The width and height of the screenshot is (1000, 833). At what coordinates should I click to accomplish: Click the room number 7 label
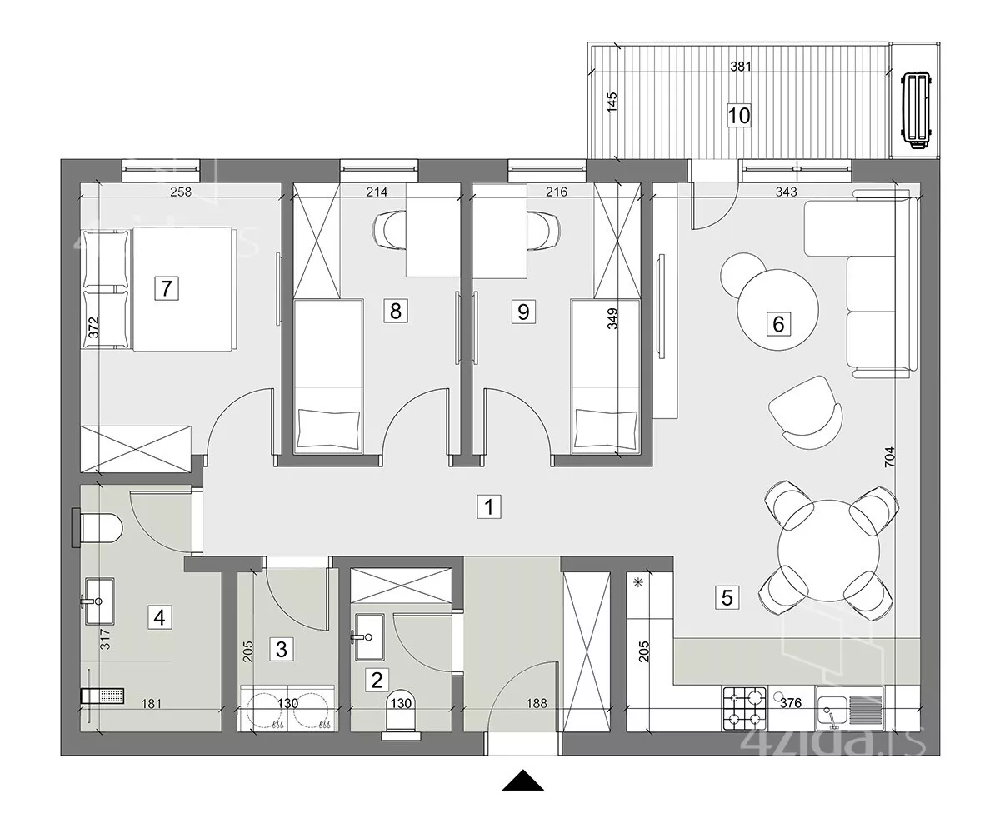pyautogui.click(x=166, y=288)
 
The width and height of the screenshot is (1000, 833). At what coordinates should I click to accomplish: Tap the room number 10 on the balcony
pyautogui.click(x=738, y=116)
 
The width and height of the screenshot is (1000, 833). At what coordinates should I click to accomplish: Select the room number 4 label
pyautogui.click(x=159, y=617)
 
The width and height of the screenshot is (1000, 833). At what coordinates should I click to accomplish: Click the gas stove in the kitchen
pyautogui.click(x=744, y=709)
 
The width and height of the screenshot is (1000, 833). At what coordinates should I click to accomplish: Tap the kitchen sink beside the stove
pyautogui.click(x=850, y=709)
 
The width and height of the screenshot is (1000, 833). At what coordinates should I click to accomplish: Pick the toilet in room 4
pyautogui.click(x=98, y=528)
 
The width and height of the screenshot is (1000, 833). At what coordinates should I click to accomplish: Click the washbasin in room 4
pyautogui.click(x=99, y=601)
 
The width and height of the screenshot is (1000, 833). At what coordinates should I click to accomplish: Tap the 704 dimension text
pyautogui.click(x=889, y=456)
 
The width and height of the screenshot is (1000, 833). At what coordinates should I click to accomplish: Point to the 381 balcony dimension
pyautogui.click(x=741, y=67)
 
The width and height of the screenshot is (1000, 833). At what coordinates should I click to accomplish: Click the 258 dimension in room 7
pyautogui.click(x=181, y=192)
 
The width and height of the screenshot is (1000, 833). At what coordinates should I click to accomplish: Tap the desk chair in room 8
pyautogui.click(x=389, y=230)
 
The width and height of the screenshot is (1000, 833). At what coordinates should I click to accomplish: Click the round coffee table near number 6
pyautogui.click(x=777, y=310)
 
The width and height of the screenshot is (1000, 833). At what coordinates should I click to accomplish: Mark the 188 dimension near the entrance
pyautogui.click(x=537, y=703)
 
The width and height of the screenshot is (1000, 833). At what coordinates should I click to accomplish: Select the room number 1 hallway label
pyautogui.click(x=489, y=506)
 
